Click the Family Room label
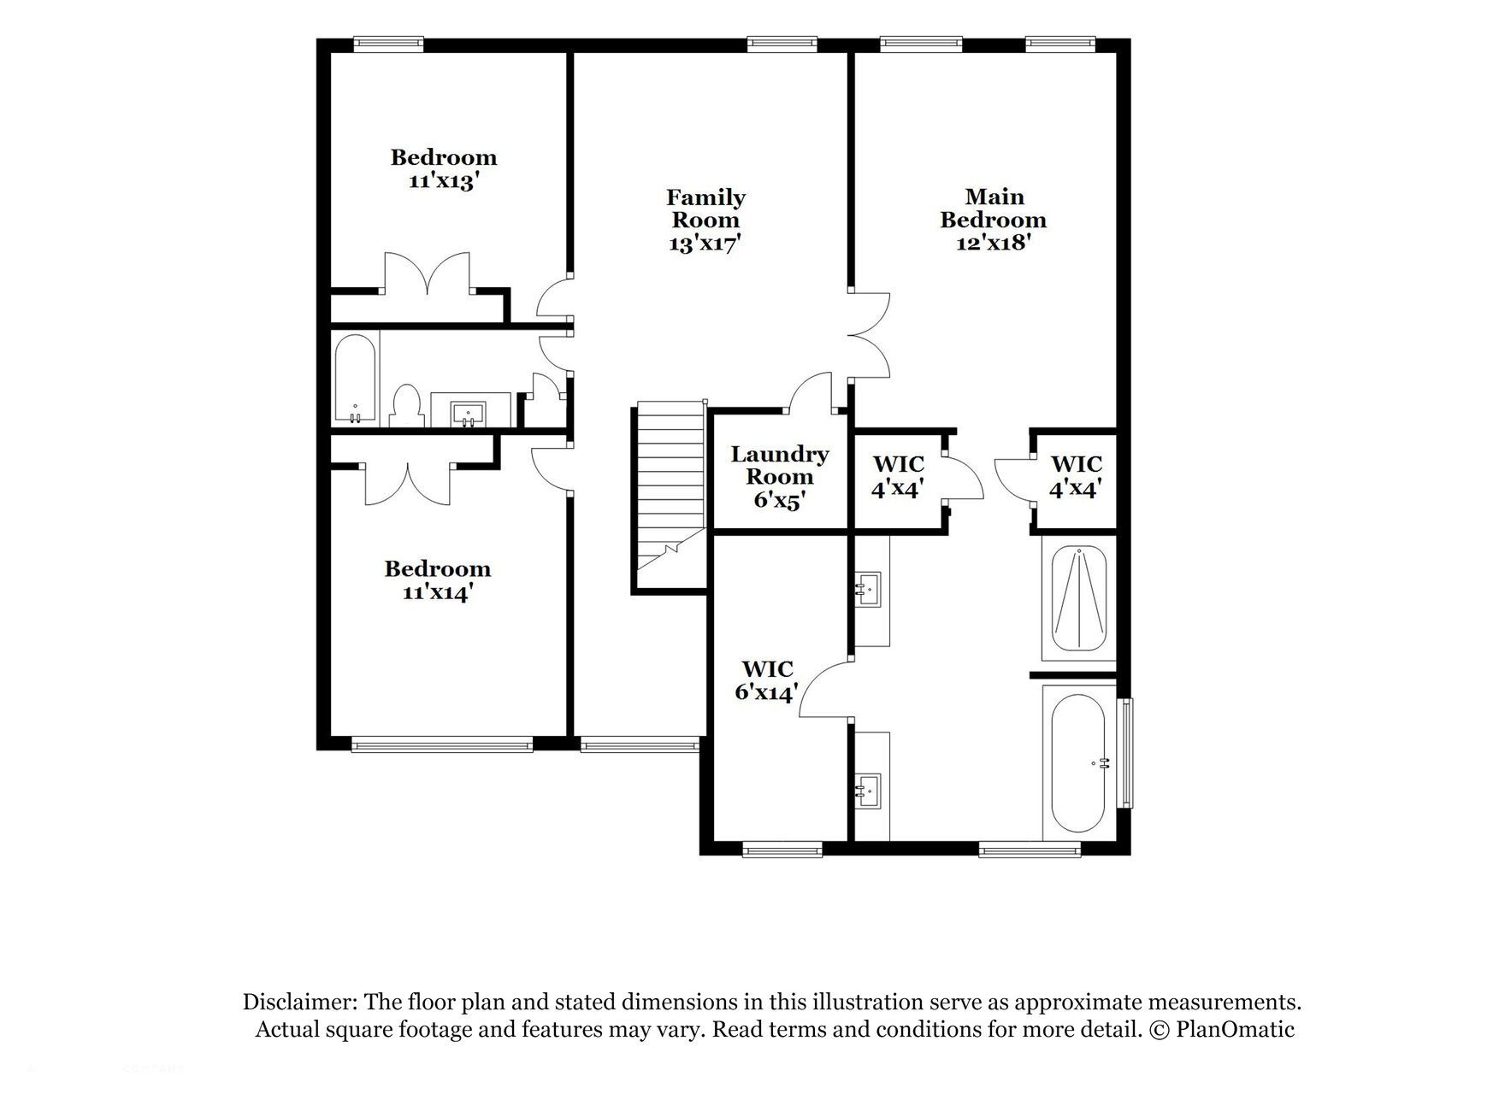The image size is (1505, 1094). (705, 220)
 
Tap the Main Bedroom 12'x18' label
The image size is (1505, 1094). (993, 220)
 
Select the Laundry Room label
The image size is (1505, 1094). (778, 477)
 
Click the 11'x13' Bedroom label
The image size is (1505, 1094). (443, 169)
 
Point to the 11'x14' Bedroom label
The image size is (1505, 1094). (437, 580)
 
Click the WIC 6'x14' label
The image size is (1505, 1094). (767, 680)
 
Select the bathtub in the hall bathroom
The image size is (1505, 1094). (355, 378)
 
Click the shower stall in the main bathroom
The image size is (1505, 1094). (1078, 599)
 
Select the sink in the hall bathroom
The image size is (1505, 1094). (469, 412)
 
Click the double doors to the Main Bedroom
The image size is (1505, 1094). (871, 335)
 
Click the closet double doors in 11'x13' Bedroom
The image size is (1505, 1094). (427, 273)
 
